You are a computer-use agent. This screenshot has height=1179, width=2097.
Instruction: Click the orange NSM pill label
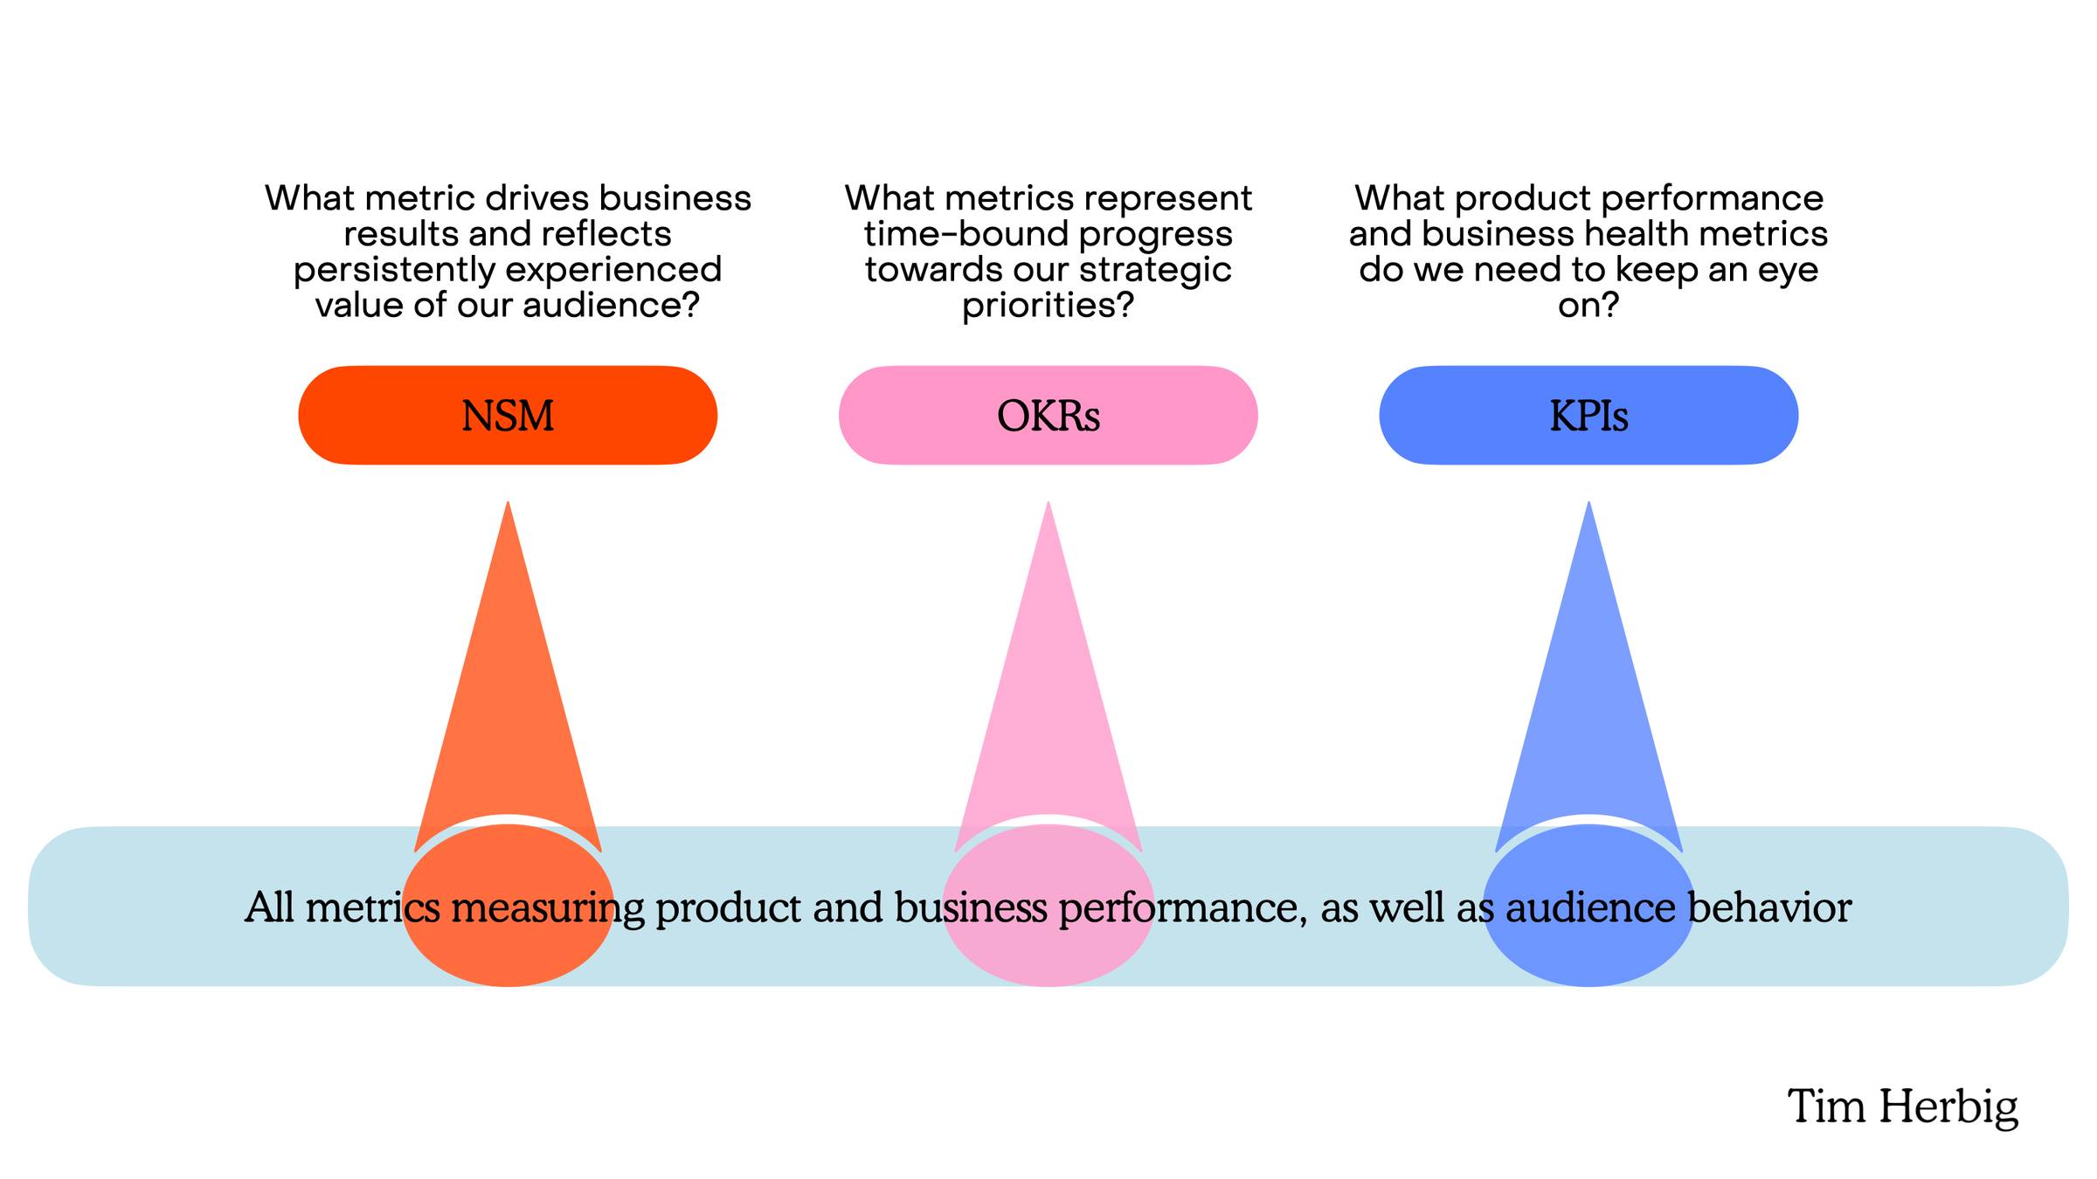click(508, 415)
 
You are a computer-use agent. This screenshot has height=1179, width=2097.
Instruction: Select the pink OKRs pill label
click(1048, 415)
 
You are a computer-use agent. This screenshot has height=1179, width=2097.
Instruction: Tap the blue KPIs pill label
click(1588, 415)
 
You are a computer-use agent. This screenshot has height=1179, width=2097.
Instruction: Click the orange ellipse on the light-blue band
click(508, 907)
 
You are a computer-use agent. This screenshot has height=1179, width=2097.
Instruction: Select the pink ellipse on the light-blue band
click(1048, 907)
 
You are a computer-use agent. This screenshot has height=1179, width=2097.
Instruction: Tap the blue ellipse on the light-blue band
click(1588, 907)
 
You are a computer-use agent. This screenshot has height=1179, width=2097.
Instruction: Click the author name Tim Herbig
click(1903, 1107)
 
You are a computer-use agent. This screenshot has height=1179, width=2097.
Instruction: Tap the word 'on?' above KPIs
click(1588, 305)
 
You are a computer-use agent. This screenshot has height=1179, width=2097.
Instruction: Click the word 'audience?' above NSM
click(612, 305)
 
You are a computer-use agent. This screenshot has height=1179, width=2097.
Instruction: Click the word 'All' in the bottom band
click(269, 907)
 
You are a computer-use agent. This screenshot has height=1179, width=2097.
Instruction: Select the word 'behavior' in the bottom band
click(1769, 907)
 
